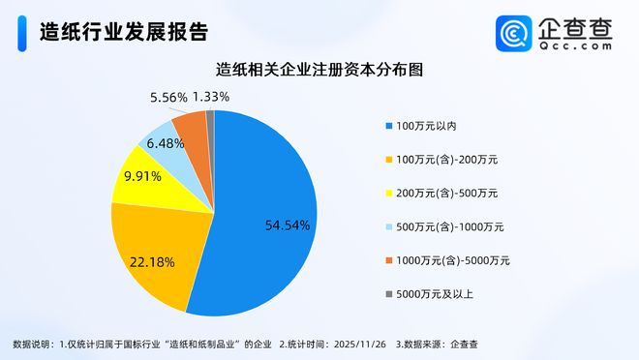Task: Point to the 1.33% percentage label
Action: point(211,97)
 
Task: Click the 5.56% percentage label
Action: point(168,97)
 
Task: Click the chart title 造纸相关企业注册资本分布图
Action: point(319,70)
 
